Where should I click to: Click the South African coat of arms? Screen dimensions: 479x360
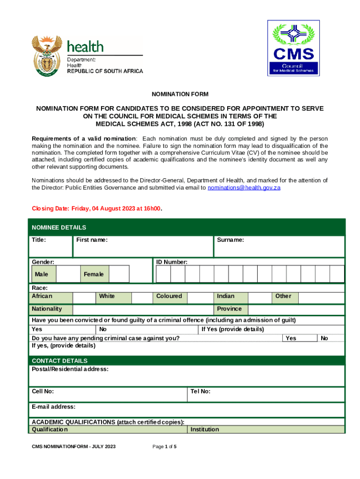(47, 56)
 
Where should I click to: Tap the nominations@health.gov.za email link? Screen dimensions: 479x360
(244, 188)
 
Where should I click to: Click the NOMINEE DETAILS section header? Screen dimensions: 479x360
(59, 227)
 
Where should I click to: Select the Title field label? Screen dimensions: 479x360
(38, 240)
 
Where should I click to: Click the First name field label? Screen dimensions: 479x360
(92, 240)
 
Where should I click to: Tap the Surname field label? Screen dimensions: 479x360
(230, 240)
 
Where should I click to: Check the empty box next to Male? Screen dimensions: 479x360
(67, 274)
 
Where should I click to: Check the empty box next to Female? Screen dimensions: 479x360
(119, 274)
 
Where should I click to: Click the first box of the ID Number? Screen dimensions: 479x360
(163, 274)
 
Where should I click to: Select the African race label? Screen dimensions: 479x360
(42, 296)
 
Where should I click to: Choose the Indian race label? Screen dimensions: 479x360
(226, 296)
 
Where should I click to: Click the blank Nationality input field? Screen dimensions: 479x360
(143, 309)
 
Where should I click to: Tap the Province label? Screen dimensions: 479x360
(230, 309)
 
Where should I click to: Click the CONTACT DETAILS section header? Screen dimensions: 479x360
(59, 361)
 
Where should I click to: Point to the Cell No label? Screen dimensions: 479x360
(43, 391)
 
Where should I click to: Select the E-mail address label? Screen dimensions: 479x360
(53, 407)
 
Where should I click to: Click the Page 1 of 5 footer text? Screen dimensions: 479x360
(165, 447)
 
